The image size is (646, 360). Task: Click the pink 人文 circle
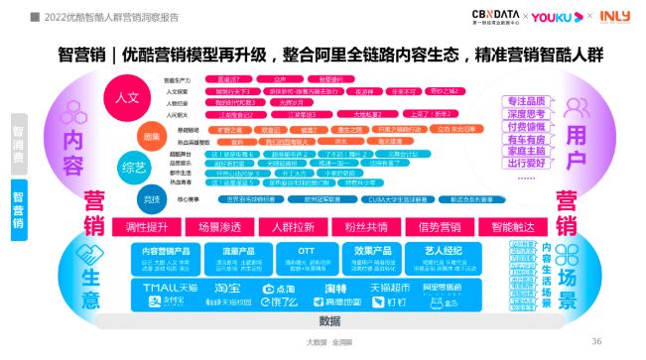click(x=127, y=99)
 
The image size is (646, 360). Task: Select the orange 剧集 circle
click(x=151, y=135)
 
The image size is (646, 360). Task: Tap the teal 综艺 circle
click(x=133, y=165)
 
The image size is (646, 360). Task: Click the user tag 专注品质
click(x=529, y=101)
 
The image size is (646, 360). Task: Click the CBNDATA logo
click(x=494, y=17)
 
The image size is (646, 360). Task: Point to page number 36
click(x=596, y=341)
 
